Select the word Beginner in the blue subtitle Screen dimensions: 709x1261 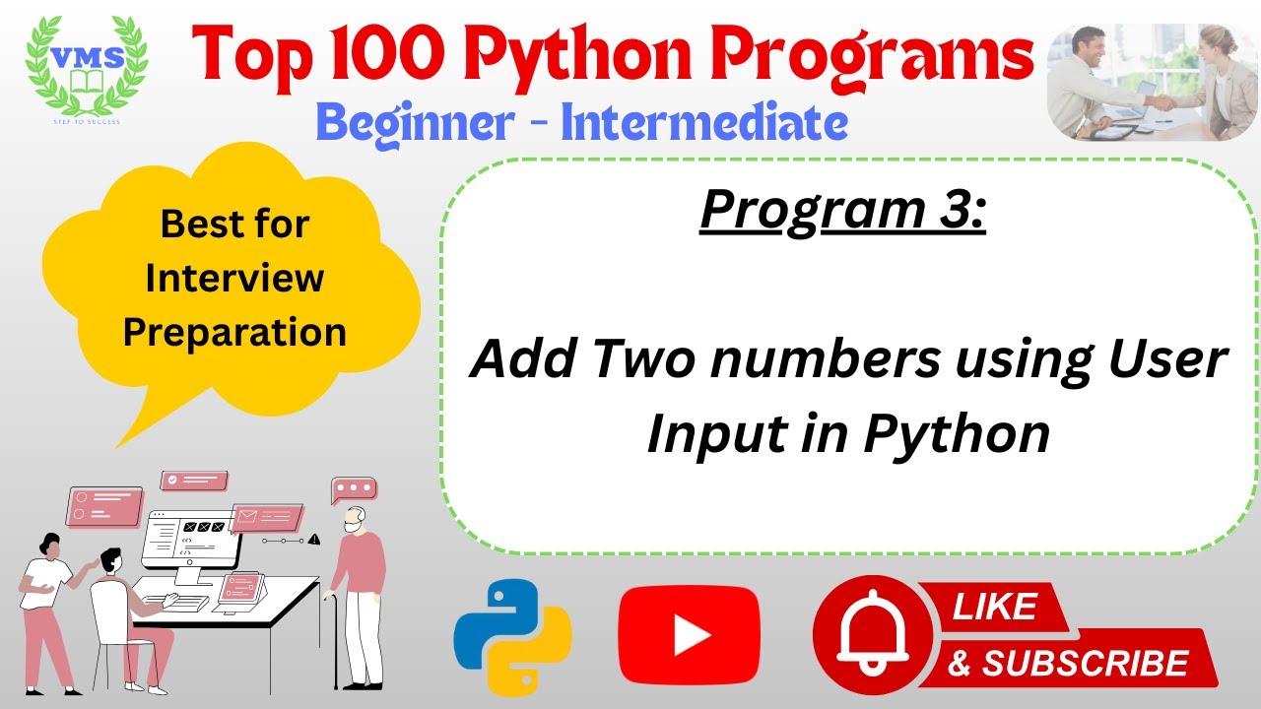(416, 123)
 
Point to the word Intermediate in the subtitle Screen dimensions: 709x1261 (703, 123)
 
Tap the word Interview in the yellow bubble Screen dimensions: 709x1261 (234, 278)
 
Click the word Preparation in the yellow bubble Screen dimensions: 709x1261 (234, 331)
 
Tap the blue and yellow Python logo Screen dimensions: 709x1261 (512, 639)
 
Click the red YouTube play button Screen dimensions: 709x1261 (689, 636)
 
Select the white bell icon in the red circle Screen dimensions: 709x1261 (871, 636)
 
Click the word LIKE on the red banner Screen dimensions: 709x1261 (994, 607)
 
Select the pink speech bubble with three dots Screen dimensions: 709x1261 (354, 488)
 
